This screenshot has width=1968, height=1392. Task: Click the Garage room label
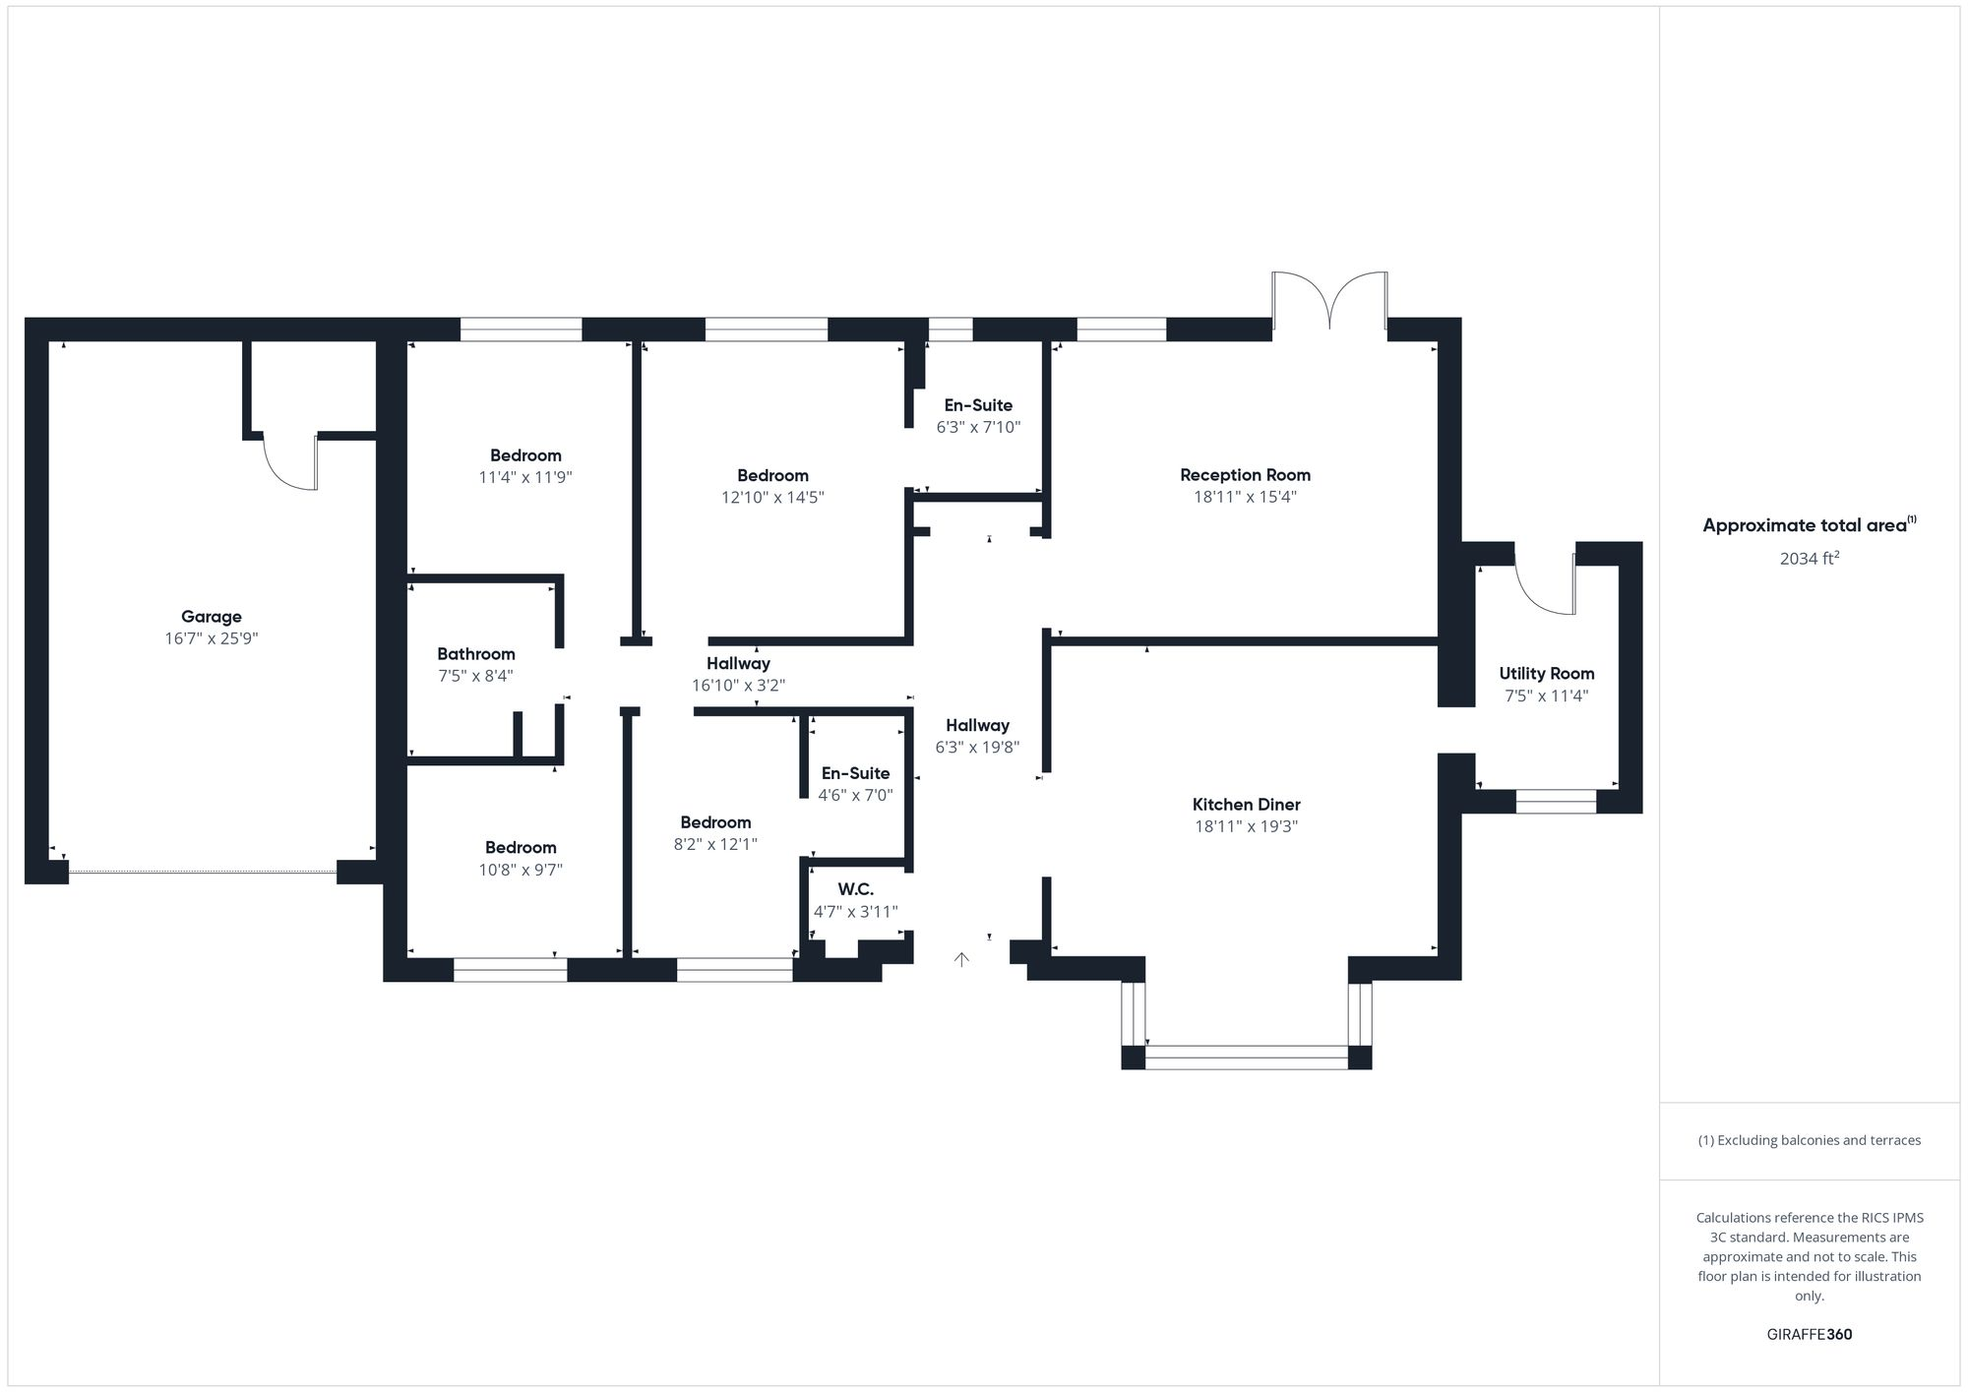pos(211,617)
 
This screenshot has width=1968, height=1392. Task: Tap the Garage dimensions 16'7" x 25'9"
pos(211,638)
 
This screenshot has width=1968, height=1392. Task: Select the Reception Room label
pos(1245,475)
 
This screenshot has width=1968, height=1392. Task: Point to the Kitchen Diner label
pos(1246,805)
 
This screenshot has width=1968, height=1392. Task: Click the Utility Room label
pos(1546,674)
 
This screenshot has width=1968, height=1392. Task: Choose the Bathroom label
pos(475,654)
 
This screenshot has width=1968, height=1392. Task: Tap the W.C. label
pos(855,889)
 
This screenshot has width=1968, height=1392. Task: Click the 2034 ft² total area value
pos(1809,559)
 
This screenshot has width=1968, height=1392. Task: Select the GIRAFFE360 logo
pos(1809,1335)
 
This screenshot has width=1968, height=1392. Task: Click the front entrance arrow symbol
pos(961,959)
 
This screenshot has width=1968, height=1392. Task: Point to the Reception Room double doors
pos(1329,301)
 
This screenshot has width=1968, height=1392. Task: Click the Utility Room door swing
pos(1546,586)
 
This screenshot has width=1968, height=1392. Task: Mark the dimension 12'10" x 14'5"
pos(772,498)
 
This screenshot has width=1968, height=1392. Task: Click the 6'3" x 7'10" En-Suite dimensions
pos(978,427)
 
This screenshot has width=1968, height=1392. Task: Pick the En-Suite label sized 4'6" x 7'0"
pos(855,773)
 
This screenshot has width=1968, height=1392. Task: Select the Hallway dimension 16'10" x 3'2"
pos(738,686)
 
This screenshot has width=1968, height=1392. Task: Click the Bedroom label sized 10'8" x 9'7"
pos(520,848)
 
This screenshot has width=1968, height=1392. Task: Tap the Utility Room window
pos(1555,801)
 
